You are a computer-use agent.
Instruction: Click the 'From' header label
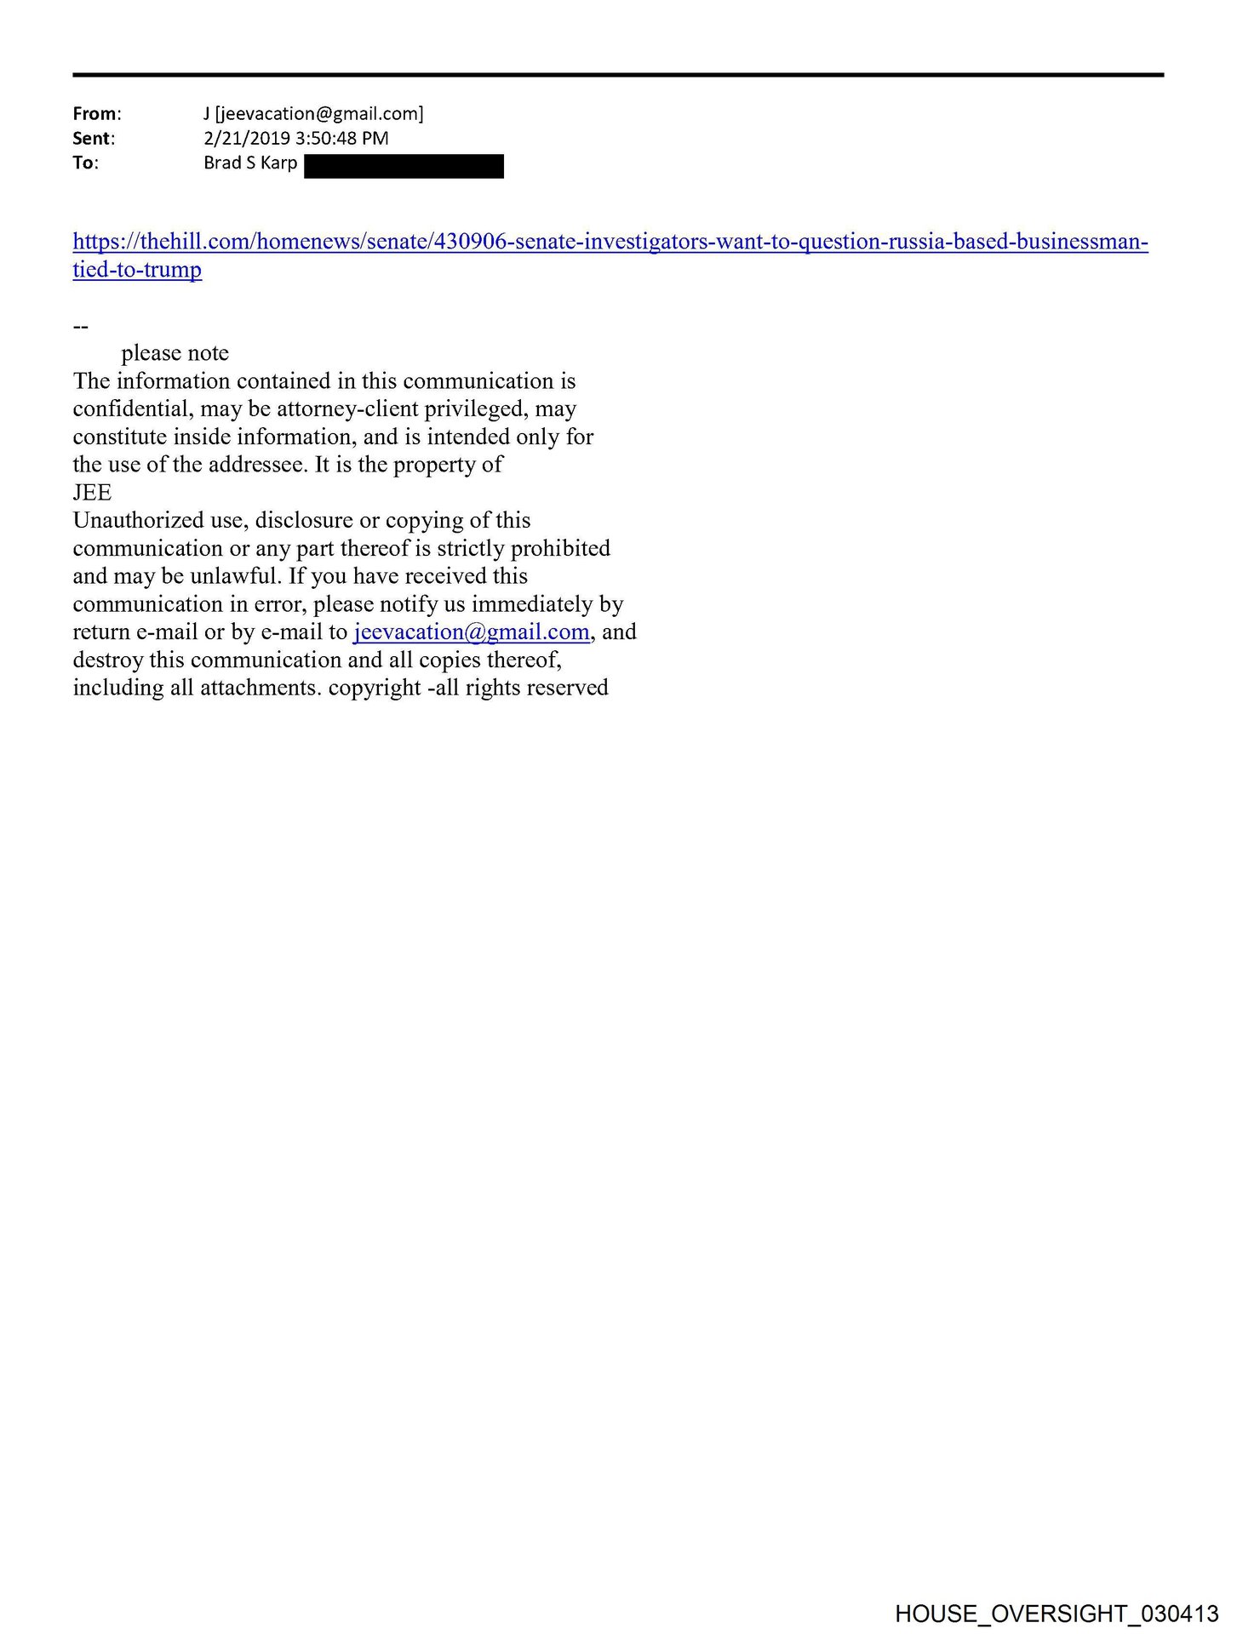pos(96,114)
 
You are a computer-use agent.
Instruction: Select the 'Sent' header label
pos(93,139)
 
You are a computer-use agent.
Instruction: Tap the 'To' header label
pos(85,163)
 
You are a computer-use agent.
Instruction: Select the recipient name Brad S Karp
pos(250,163)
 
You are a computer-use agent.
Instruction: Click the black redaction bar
pos(404,166)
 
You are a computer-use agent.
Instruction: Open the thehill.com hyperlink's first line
pos(610,242)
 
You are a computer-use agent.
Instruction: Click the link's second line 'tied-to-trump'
pos(137,270)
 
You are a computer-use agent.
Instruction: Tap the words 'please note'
pos(175,353)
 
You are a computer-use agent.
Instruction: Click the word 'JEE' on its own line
pos(92,493)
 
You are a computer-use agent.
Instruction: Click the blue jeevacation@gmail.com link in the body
pos(471,632)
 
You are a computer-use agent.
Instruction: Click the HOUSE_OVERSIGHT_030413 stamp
pos(1057,1614)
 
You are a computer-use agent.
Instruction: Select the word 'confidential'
pos(132,409)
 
